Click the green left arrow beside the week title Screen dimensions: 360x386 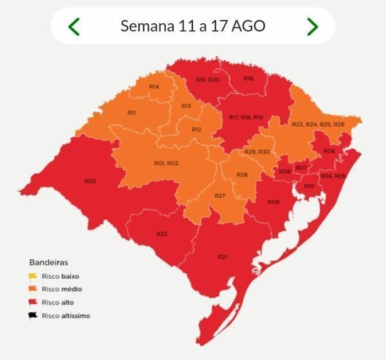point(74,26)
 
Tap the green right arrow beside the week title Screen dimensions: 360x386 point(312,26)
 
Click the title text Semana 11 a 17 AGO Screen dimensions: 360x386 point(193,26)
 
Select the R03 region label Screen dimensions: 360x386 point(90,181)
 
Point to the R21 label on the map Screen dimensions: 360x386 point(222,257)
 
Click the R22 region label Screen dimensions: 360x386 point(161,234)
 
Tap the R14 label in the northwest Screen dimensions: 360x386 point(154,86)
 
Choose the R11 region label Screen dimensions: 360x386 point(131,113)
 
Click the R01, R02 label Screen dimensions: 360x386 point(166,164)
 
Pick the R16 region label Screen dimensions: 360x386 point(248,78)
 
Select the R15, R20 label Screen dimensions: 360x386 point(207,79)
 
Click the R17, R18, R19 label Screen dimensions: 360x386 point(246,117)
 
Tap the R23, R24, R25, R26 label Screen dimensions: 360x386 point(318,124)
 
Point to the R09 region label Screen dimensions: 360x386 point(273,202)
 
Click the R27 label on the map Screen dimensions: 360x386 point(219,195)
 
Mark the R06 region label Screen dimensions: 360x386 point(329,151)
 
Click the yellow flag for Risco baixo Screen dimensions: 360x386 point(33,276)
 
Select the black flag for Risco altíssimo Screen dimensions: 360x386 point(33,316)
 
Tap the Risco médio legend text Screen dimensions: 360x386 point(62,289)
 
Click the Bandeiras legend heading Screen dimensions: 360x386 point(48,262)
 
